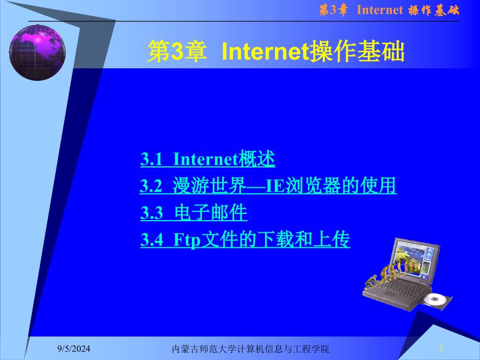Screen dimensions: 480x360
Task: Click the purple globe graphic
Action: coord(38,53)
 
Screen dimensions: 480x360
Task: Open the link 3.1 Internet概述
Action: coord(208,159)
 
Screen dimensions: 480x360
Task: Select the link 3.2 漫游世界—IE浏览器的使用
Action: coord(269,186)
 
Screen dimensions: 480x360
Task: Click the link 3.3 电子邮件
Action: coord(194,212)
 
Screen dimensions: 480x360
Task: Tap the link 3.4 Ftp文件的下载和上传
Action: coord(245,239)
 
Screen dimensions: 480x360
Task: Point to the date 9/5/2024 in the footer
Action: coord(74,349)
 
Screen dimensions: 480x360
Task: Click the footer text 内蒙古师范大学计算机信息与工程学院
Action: coord(250,349)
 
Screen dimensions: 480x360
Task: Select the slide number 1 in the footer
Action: coord(441,349)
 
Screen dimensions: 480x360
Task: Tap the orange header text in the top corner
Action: coord(389,10)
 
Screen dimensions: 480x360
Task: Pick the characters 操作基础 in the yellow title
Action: coord(357,52)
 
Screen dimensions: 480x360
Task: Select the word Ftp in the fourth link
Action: coord(187,240)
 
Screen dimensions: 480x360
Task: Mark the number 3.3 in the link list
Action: coord(151,213)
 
